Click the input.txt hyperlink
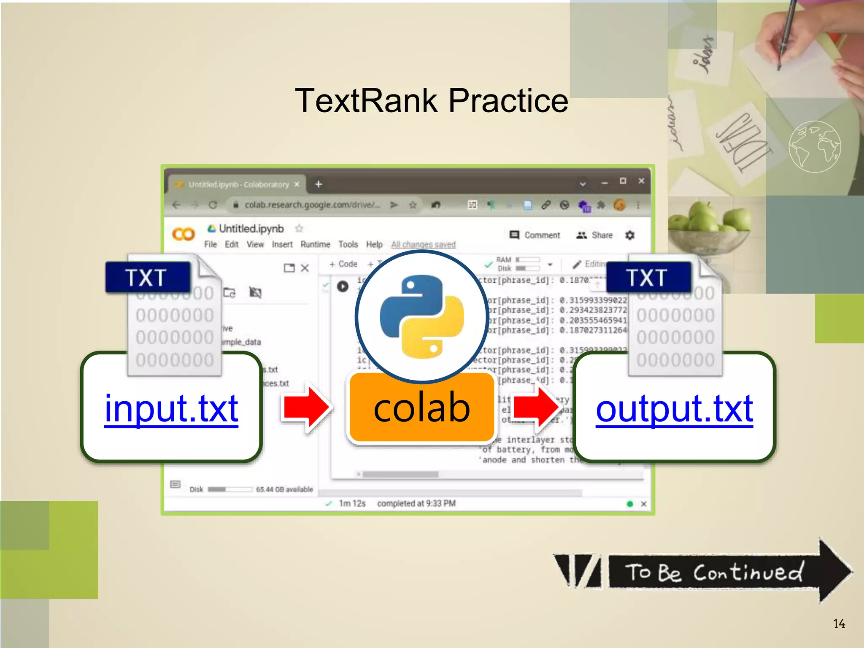pyautogui.click(x=171, y=408)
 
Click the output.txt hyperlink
pyautogui.click(x=674, y=408)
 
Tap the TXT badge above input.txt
pyautogui.click(x=146, y=278)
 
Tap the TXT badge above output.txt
pyautogui.click(x=648, y=278)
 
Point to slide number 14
pyautogui.click(x=839, y=624)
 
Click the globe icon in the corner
pyautogui.click(x=814, y=146)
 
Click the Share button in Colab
pyautogui.click(x=595, y=235)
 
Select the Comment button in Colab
pyautogui.click(x=535, y=235)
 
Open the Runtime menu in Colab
pyautogui.click(x=315, y=245)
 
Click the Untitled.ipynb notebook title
pyautogui.click(x=251, y=229)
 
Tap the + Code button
pyautogui.click(x=343, y=264)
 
